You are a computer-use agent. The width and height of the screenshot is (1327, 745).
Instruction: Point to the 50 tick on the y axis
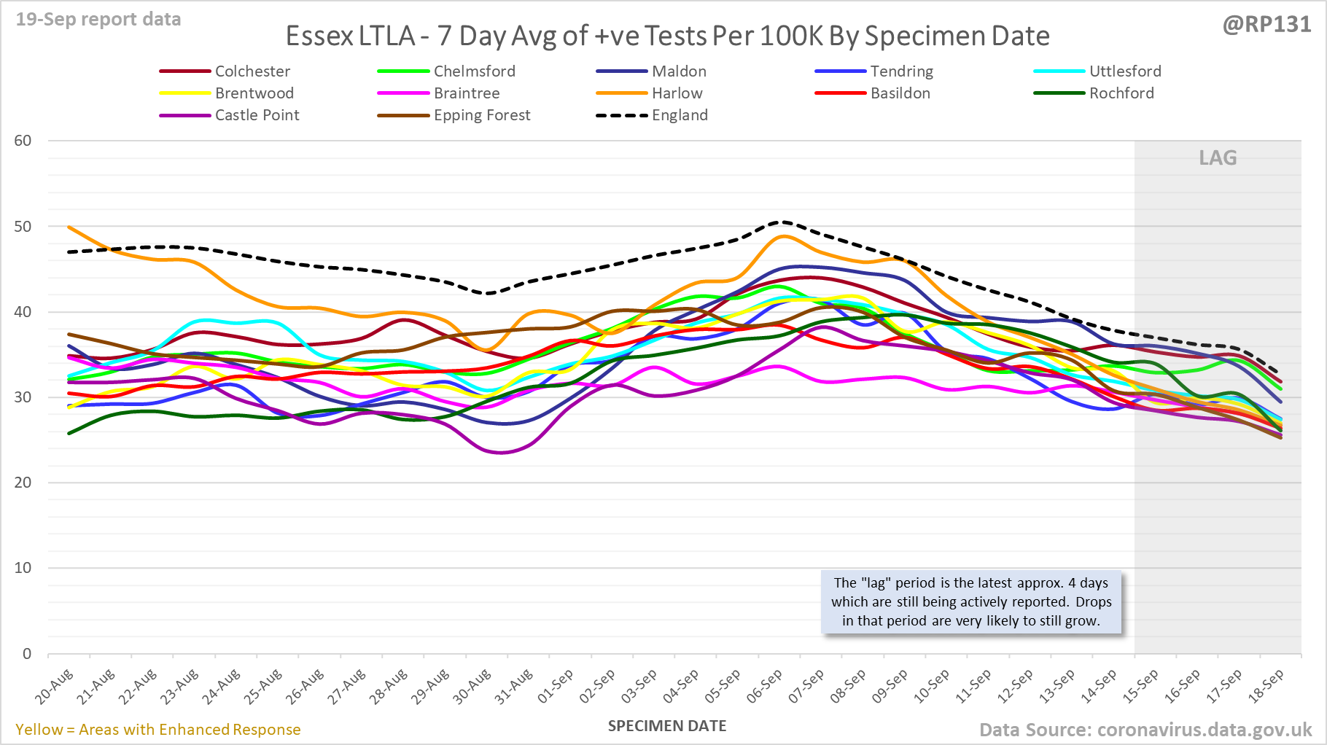click(23, 227)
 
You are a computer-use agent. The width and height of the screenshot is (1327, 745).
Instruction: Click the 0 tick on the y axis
click(27, 654)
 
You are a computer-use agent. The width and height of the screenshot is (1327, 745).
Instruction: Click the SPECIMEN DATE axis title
click(667, 726)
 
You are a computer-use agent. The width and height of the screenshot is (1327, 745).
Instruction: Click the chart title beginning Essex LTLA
click(667, 36)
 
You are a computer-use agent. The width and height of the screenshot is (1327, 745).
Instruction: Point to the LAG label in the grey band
click(1218, 158)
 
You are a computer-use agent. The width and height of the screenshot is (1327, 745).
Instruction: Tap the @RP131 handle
click(1266, 25)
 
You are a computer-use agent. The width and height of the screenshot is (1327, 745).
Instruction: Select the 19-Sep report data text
click(98, 20)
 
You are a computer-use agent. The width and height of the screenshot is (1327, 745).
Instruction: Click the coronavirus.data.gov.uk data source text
click(1145, 730)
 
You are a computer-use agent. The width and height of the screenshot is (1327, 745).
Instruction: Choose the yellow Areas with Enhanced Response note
click(157, 730)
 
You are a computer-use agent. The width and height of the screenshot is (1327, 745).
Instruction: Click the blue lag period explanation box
click(971, 602)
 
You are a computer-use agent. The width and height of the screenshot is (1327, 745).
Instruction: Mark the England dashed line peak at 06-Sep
click(782, 222)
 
